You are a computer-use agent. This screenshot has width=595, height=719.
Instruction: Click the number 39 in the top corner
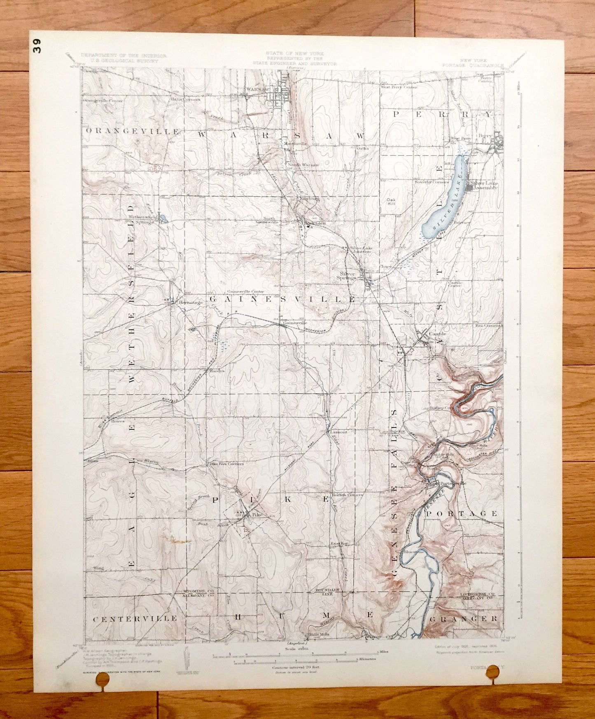coord(38,46)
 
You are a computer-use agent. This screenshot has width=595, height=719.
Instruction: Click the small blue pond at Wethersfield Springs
coord(163,218)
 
